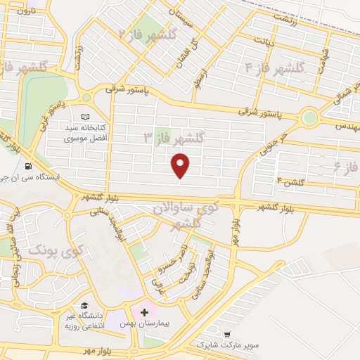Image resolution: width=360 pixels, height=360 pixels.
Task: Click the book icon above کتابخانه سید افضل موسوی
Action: tap(86, 116)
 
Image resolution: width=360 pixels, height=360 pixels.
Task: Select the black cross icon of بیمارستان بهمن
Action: tap(145, 311)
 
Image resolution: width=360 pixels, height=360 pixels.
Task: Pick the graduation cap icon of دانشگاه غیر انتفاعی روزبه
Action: tap(84, 306)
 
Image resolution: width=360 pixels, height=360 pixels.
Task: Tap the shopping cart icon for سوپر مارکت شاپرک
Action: tap(226, 335)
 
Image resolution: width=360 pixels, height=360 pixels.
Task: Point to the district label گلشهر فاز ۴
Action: tap(274, 68)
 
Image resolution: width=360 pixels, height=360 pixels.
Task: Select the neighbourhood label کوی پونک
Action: tap(56, 250)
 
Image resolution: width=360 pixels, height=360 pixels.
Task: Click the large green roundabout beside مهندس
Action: tap(309, 117)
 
